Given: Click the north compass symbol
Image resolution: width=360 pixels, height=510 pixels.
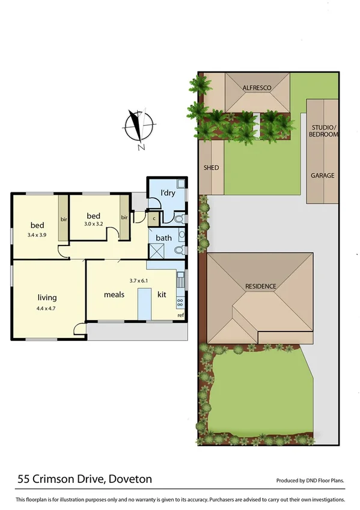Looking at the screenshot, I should point(139,127).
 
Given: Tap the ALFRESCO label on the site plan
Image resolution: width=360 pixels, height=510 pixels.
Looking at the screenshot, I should point(257,88).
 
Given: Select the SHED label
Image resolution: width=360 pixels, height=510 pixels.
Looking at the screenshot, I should point(211,168).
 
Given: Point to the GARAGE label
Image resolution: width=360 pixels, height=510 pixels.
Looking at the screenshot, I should point(322,176).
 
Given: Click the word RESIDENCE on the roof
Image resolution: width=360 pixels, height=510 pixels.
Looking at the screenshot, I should point(260,286).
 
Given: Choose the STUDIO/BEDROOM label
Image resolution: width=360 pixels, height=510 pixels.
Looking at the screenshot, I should point(324,131).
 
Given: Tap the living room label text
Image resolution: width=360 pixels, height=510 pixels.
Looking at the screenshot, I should point(47,297).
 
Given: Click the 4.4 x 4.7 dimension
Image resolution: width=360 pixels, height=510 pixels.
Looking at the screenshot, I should point(47,310).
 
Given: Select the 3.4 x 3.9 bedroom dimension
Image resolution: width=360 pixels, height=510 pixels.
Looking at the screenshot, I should point(37,235).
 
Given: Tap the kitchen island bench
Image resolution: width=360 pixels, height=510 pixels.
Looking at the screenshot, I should point(144,304).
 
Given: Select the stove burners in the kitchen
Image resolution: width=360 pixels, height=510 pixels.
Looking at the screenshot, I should point(179,301).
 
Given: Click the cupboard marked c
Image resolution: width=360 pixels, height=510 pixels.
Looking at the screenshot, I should point(154,219).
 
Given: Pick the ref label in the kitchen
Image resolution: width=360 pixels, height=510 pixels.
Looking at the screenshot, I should point(180,315).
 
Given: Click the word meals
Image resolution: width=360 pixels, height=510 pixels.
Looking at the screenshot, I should point(114,294).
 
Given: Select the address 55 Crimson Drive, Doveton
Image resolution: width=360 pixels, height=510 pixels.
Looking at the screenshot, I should point(84,479).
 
